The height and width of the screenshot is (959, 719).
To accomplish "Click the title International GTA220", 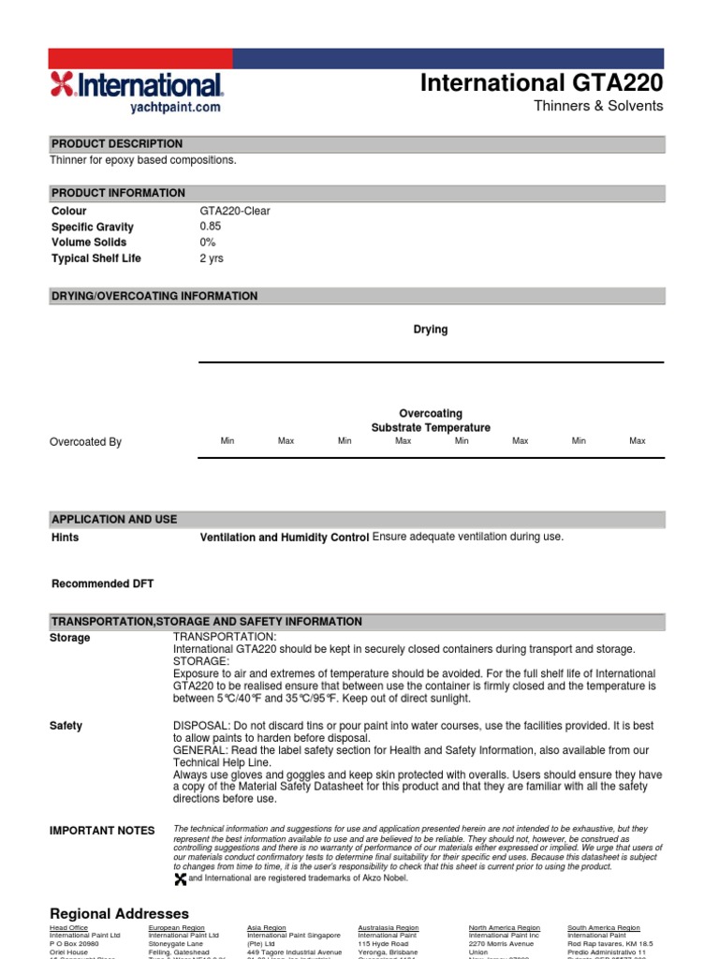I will tap(541, 82).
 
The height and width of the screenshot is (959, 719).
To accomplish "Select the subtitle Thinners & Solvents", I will tap(597, 106).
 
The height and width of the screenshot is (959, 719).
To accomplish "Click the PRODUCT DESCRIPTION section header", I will tap(117, 144).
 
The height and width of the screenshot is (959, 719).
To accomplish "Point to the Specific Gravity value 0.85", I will tap(211, 227).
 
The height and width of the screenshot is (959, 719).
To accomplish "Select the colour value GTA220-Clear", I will tap(235, 212).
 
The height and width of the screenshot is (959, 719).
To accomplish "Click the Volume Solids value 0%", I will tap(208, 243).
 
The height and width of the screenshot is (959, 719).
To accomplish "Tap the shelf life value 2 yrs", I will tap(212, 258).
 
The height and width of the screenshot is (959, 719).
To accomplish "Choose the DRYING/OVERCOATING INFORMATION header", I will tap(154, 296).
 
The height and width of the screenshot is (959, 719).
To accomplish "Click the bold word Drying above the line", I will tap(431, 330).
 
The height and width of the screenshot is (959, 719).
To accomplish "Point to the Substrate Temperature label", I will tap(431, 428).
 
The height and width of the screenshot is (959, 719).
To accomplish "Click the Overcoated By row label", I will tap(85, 442).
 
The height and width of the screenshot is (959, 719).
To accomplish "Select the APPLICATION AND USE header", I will tap(114, 520).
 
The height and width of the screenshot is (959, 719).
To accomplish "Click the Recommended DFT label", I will tap(102, 584).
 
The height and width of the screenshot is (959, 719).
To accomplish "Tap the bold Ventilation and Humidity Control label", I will tap(286, 539).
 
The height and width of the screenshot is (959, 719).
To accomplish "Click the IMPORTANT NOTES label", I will tap(102, 831).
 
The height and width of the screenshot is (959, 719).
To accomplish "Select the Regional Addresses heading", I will tap(119, 913).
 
